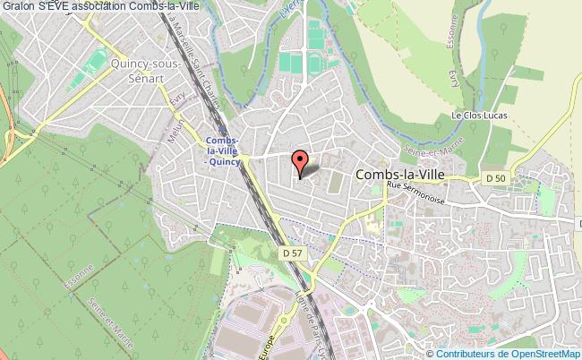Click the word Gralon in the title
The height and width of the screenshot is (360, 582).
coord(19,7)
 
